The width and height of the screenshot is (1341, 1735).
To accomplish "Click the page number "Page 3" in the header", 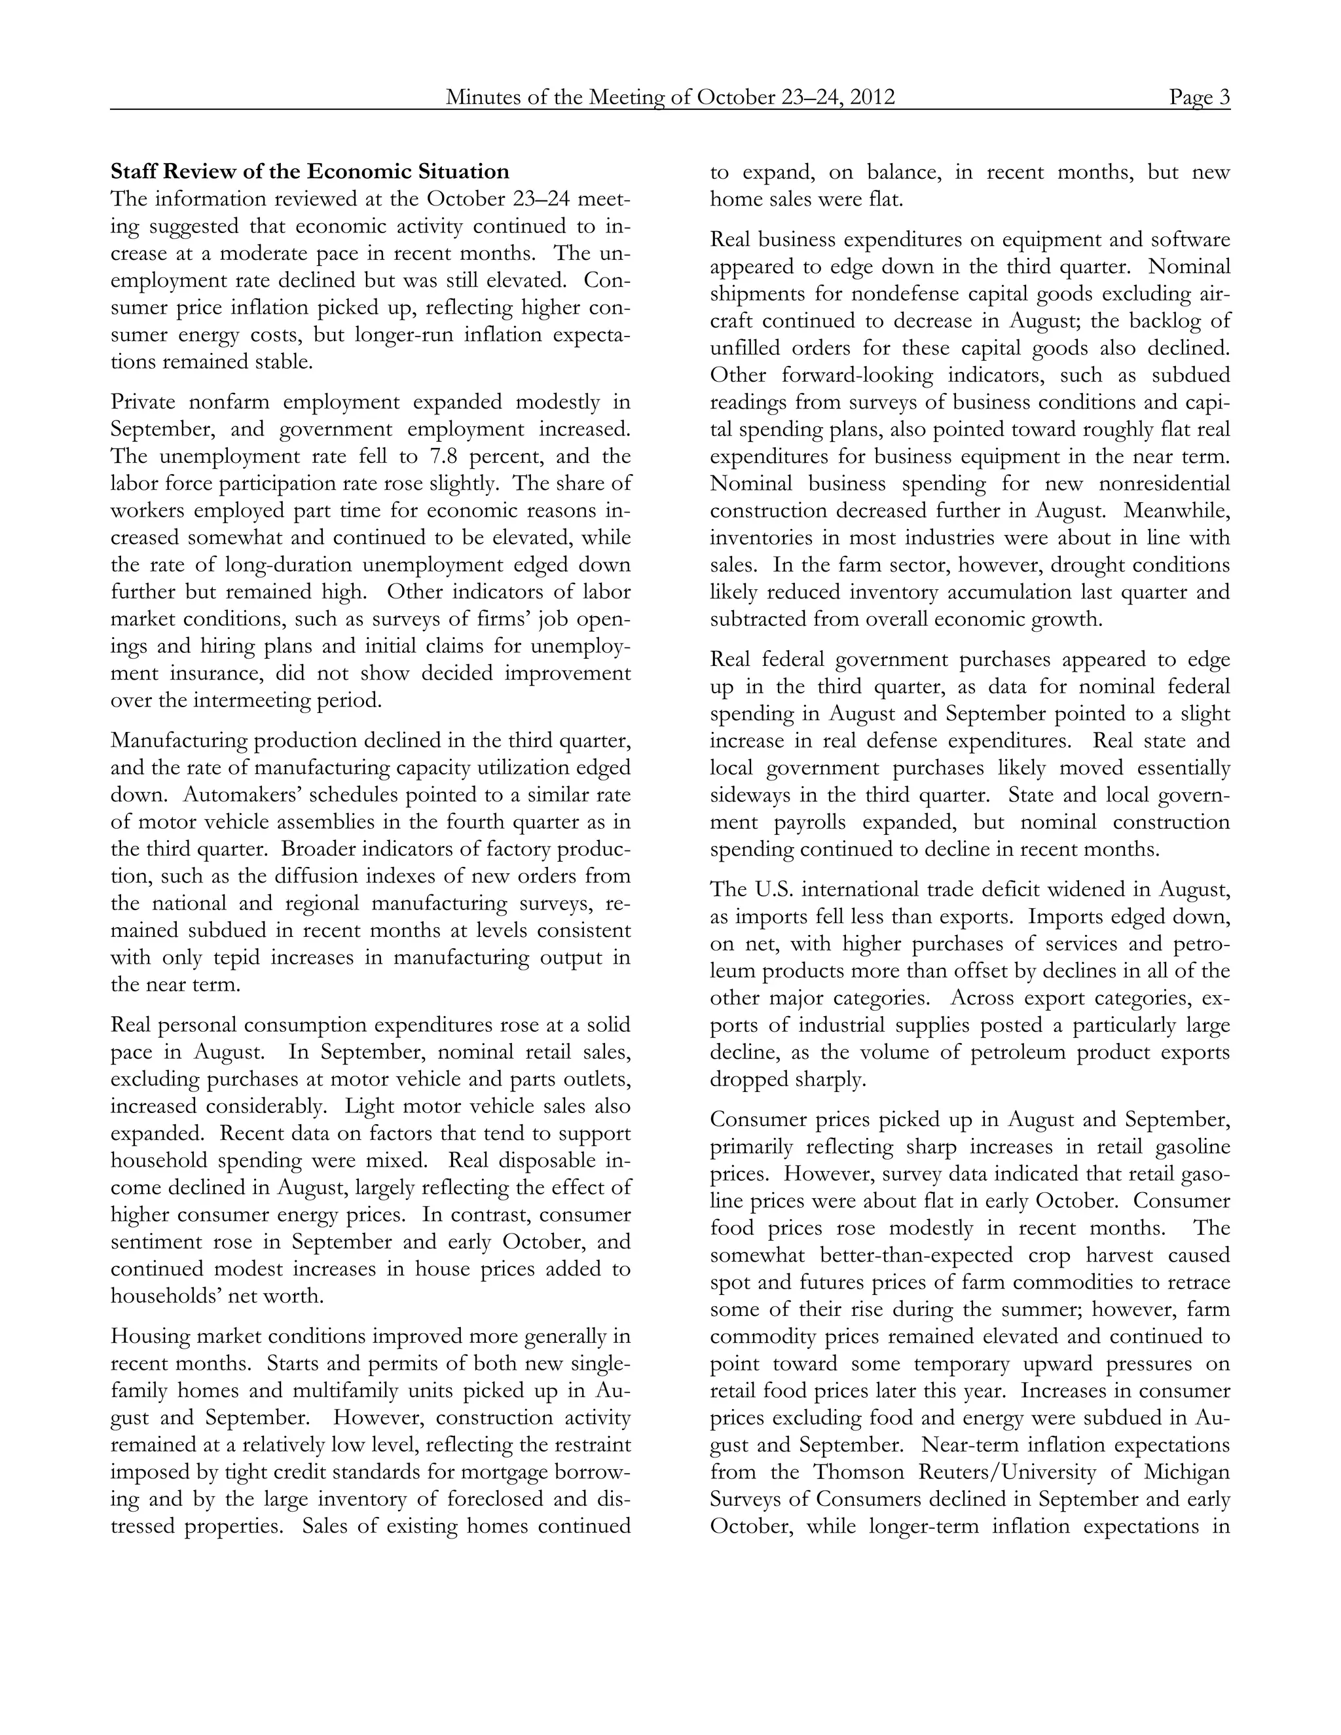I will coord(1199,97).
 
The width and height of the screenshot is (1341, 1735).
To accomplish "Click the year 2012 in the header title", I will coord(872,97).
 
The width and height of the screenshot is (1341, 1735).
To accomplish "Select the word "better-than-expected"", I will coord(916,1255).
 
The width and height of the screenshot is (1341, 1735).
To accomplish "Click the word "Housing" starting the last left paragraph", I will coord(149,1337).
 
